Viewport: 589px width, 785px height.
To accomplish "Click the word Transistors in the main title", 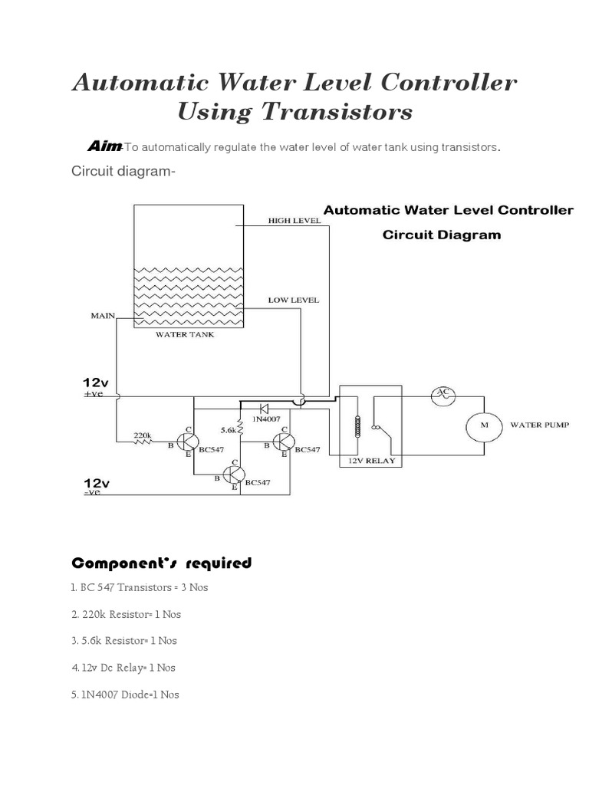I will click(x=337, y=113).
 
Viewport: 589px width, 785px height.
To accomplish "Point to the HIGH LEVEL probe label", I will click(x=294, y=221).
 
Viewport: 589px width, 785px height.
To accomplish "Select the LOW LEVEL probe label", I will click(x=293, y=300).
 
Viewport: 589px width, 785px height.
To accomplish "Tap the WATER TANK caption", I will click(x=185, y=334).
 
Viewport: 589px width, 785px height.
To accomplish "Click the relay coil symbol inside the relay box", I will click(x=356, y=427).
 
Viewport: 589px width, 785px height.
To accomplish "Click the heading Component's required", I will click(x=161, y=563).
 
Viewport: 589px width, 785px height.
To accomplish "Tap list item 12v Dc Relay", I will click(x=123, y=668).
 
